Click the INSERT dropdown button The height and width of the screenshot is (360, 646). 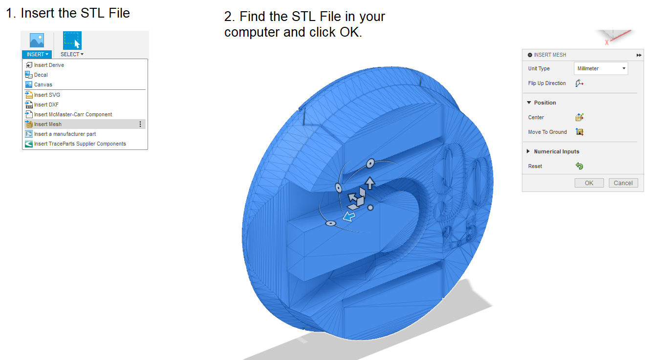[x=37, y=54]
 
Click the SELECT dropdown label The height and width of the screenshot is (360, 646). [x=72, y=54]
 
